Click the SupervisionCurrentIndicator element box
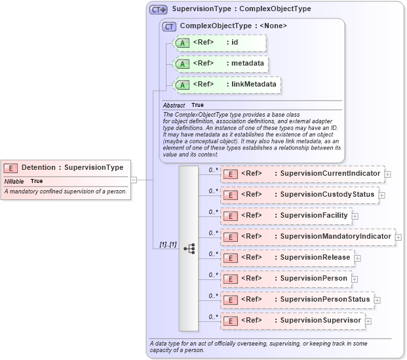click(x=302, y=174)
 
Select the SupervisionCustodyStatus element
click(x=299, y=195)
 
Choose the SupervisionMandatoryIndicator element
click(x=307, y=237)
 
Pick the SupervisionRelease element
click(x=287, y=258)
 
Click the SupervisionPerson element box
click(x=286, y=279)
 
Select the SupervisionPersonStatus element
click(x=297, y=300)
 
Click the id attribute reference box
click(x=220, y=43)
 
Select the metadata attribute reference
click(x=220, y=64)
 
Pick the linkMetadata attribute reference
click(x=227, y=85)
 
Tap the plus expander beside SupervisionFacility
click(x=355, y=216)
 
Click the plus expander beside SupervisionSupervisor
click(x=369, y=321)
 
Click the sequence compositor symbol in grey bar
click(x=189, y=249)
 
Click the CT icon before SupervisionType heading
click(x=158, y=9)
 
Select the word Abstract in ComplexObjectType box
click(x=174, y=105)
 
